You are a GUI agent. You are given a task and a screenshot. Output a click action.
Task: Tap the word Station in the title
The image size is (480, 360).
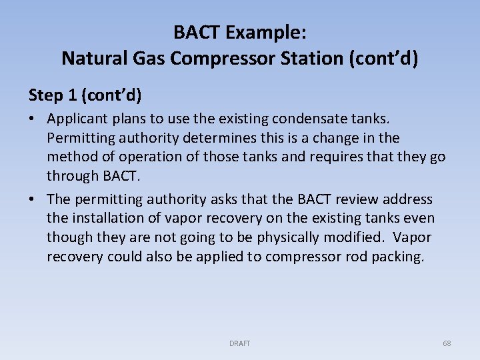point(316,59)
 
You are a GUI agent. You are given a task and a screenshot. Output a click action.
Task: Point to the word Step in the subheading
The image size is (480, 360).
point(44,95)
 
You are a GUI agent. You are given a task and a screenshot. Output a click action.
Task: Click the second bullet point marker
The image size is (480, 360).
point(33,199)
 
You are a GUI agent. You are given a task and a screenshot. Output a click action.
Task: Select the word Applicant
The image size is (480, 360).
point(77,119)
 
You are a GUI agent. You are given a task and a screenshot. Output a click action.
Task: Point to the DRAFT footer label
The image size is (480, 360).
point(239,343)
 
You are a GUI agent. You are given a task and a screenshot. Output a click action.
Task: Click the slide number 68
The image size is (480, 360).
point(447,343)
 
